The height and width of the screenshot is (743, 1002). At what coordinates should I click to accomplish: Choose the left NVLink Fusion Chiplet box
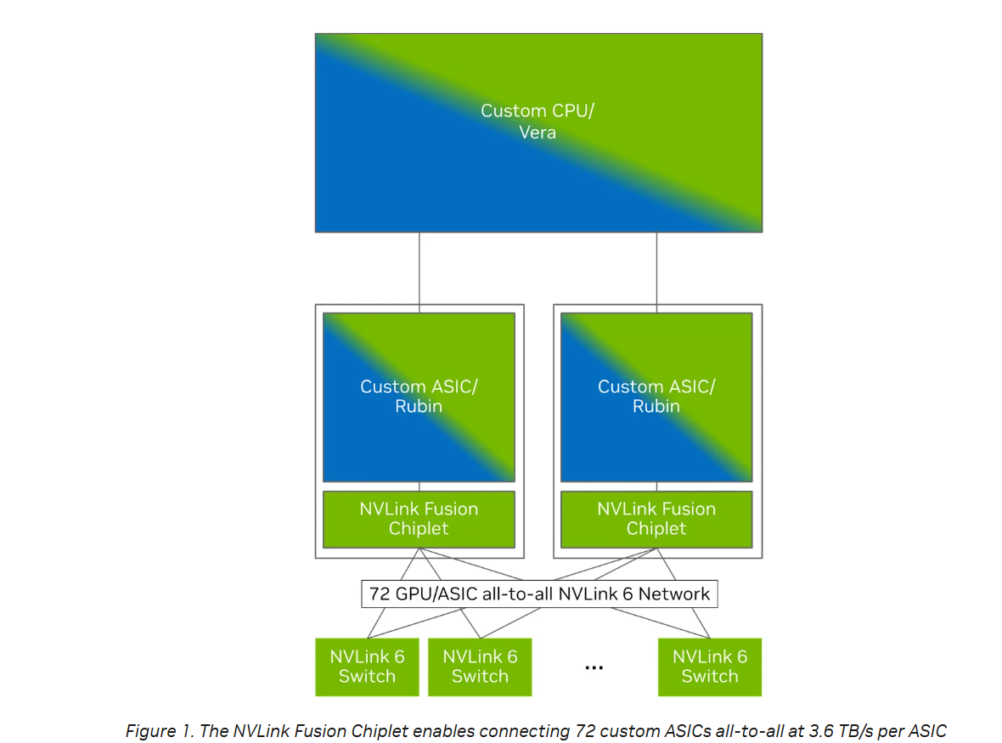coord(419,519)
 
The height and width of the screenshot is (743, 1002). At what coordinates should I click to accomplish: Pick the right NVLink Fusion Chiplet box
coord(656,519)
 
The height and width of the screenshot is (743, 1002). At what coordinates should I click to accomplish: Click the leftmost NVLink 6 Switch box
coord(367,667)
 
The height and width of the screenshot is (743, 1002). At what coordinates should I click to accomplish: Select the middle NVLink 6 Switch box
coord(480,667)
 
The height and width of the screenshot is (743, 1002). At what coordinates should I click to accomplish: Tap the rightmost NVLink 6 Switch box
coord(709,667)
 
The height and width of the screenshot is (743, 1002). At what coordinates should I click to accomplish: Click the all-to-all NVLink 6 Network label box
coord(539,594)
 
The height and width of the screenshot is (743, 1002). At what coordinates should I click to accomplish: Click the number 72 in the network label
coord(380,594)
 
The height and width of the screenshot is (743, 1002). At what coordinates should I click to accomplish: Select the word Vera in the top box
coord(538,132)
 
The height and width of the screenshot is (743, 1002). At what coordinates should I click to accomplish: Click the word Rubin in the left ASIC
coord(419,406)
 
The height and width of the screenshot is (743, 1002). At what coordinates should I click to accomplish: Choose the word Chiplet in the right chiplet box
coord(656,528)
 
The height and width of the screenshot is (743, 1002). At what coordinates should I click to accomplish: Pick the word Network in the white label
coord(674,594)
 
